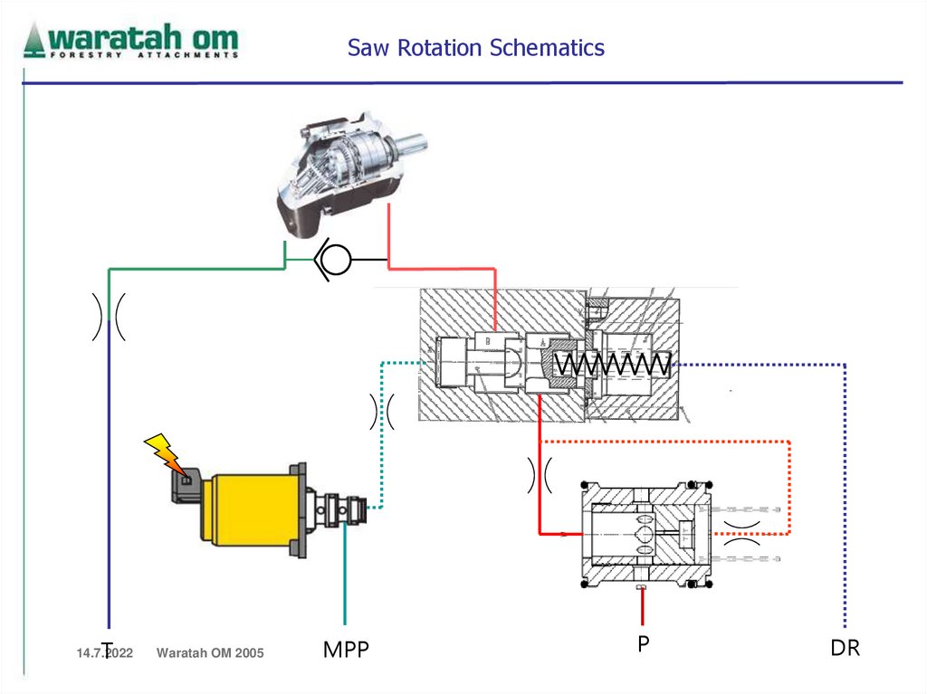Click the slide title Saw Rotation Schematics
click(x=475, y=47)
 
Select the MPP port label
click(x=346, y=650)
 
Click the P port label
click(x=643, y=643)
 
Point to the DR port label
click(x=845, y=649)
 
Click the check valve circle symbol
click(x=334, y=259)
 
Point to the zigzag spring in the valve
click(x=613, y=365)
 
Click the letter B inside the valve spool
click(x=487, y=341)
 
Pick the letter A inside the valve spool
click(x=542, y=343)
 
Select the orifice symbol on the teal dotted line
click(x=382, y=412)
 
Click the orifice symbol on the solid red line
click(x=540, y=475)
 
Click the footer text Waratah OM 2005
click(x=210, y=652)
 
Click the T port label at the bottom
click(x=107, y=649)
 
